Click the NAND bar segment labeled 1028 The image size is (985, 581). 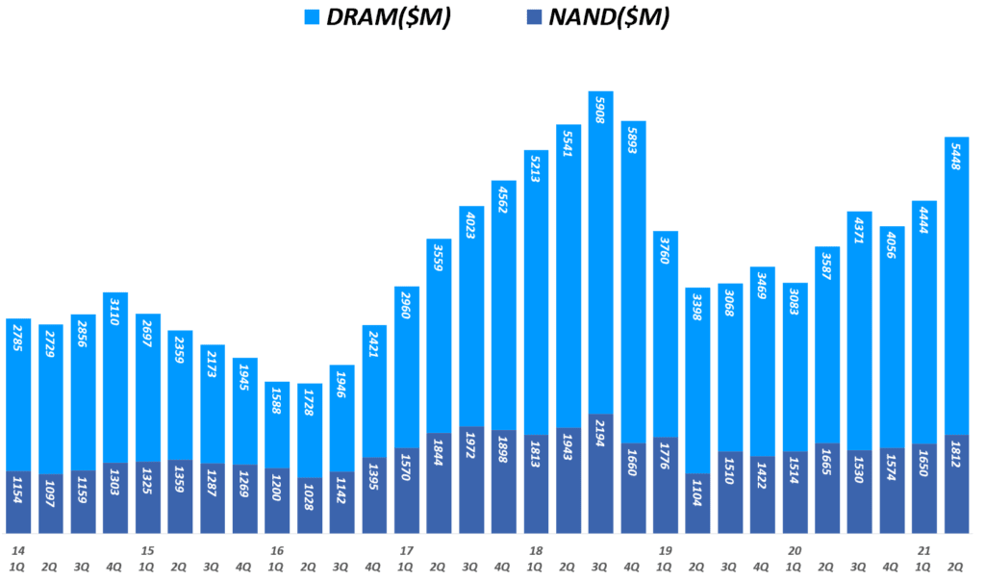(309, 506)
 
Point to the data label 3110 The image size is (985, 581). (115, 315)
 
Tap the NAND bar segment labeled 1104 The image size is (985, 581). (697, 504)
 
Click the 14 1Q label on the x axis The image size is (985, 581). (18, 559)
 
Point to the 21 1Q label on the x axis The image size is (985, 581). (923, 559)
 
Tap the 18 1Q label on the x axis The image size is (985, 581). (536, 559)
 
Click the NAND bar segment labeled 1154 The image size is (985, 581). (18, 502)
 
